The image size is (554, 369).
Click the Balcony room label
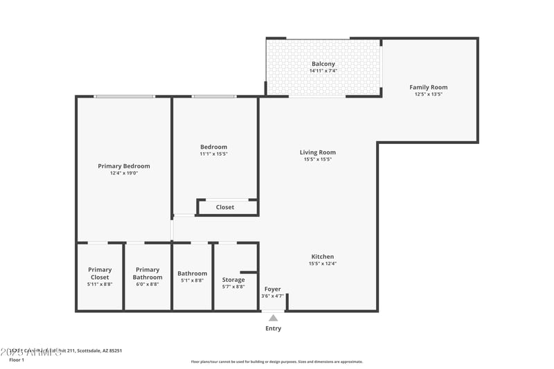(x=323, y=64)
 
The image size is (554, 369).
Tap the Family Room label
(x=429, y=87)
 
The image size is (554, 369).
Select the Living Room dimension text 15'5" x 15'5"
(x=318, y=159)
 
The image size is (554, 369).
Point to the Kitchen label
(x=323, y=256)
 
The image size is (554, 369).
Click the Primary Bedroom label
(x=124, y=166)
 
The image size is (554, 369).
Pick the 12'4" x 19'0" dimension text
(x=124, y=173)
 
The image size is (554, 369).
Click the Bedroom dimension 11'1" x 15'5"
(x=214, y=154)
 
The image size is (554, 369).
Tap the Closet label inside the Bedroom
(x=225, y=207)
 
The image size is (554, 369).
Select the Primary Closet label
(x=100, y=273)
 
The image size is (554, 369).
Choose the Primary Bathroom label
(x=148, y=273)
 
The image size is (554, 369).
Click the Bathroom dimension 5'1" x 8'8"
(x=192, y=280)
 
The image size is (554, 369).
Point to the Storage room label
(x=233, y=280)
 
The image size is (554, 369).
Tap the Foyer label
(x=273, y=289)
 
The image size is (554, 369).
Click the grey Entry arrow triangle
(x=274, y=318)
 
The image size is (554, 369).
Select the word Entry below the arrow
(x=274, y=328)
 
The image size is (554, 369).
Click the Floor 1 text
(x=17, y=360)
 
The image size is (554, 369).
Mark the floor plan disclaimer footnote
(x=277, y=361)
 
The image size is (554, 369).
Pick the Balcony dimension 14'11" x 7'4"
(x=323, y=71)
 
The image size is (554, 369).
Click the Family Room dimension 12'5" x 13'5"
(x=429, y=94)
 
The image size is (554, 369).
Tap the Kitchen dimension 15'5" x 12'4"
(x=323, y=263)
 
